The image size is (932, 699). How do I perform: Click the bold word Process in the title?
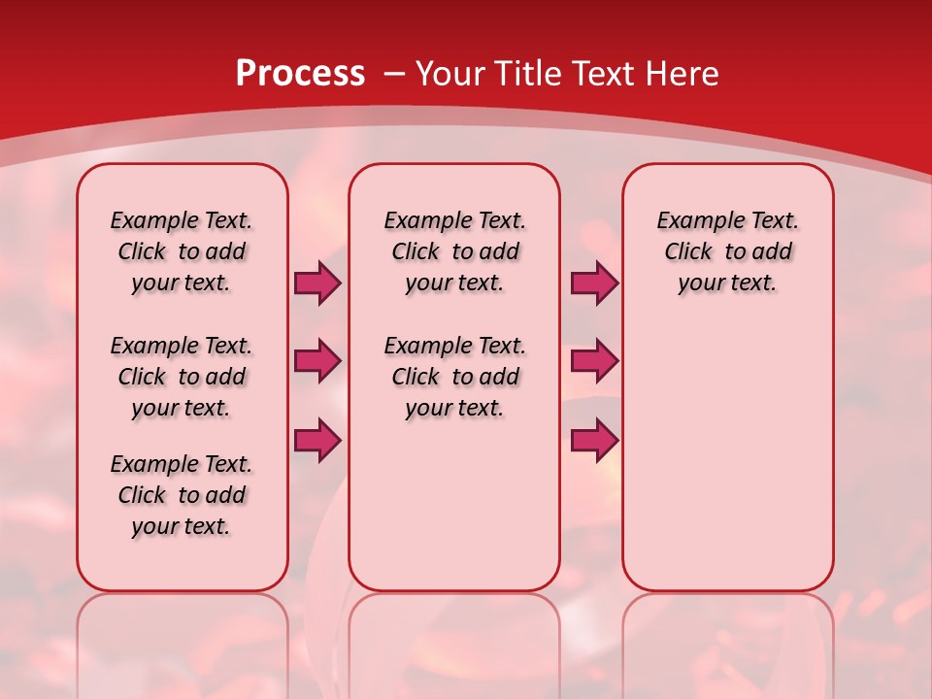coord(300,74)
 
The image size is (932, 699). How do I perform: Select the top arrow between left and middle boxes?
coord(317,283)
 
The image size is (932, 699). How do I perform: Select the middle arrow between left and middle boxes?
coord(317,361)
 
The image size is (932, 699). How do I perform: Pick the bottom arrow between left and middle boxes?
coord(317,441)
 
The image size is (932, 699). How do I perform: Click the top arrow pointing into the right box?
coord(594,283)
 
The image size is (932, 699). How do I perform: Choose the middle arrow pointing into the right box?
coord(594,361)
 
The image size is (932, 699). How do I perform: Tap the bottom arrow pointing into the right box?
coord(594,441)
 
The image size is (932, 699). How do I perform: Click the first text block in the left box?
coord(182,251)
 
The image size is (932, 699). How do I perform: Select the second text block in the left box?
coord(182,377)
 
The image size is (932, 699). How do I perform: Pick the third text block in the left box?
coord(182,495)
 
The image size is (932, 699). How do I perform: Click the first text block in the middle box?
coord(454,251)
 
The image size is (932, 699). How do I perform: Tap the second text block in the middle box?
coord(454,377)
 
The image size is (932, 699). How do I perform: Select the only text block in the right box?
coord(727,251)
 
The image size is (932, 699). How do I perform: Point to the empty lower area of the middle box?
coord(454,505)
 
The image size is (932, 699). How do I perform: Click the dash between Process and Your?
coord(394,74)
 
